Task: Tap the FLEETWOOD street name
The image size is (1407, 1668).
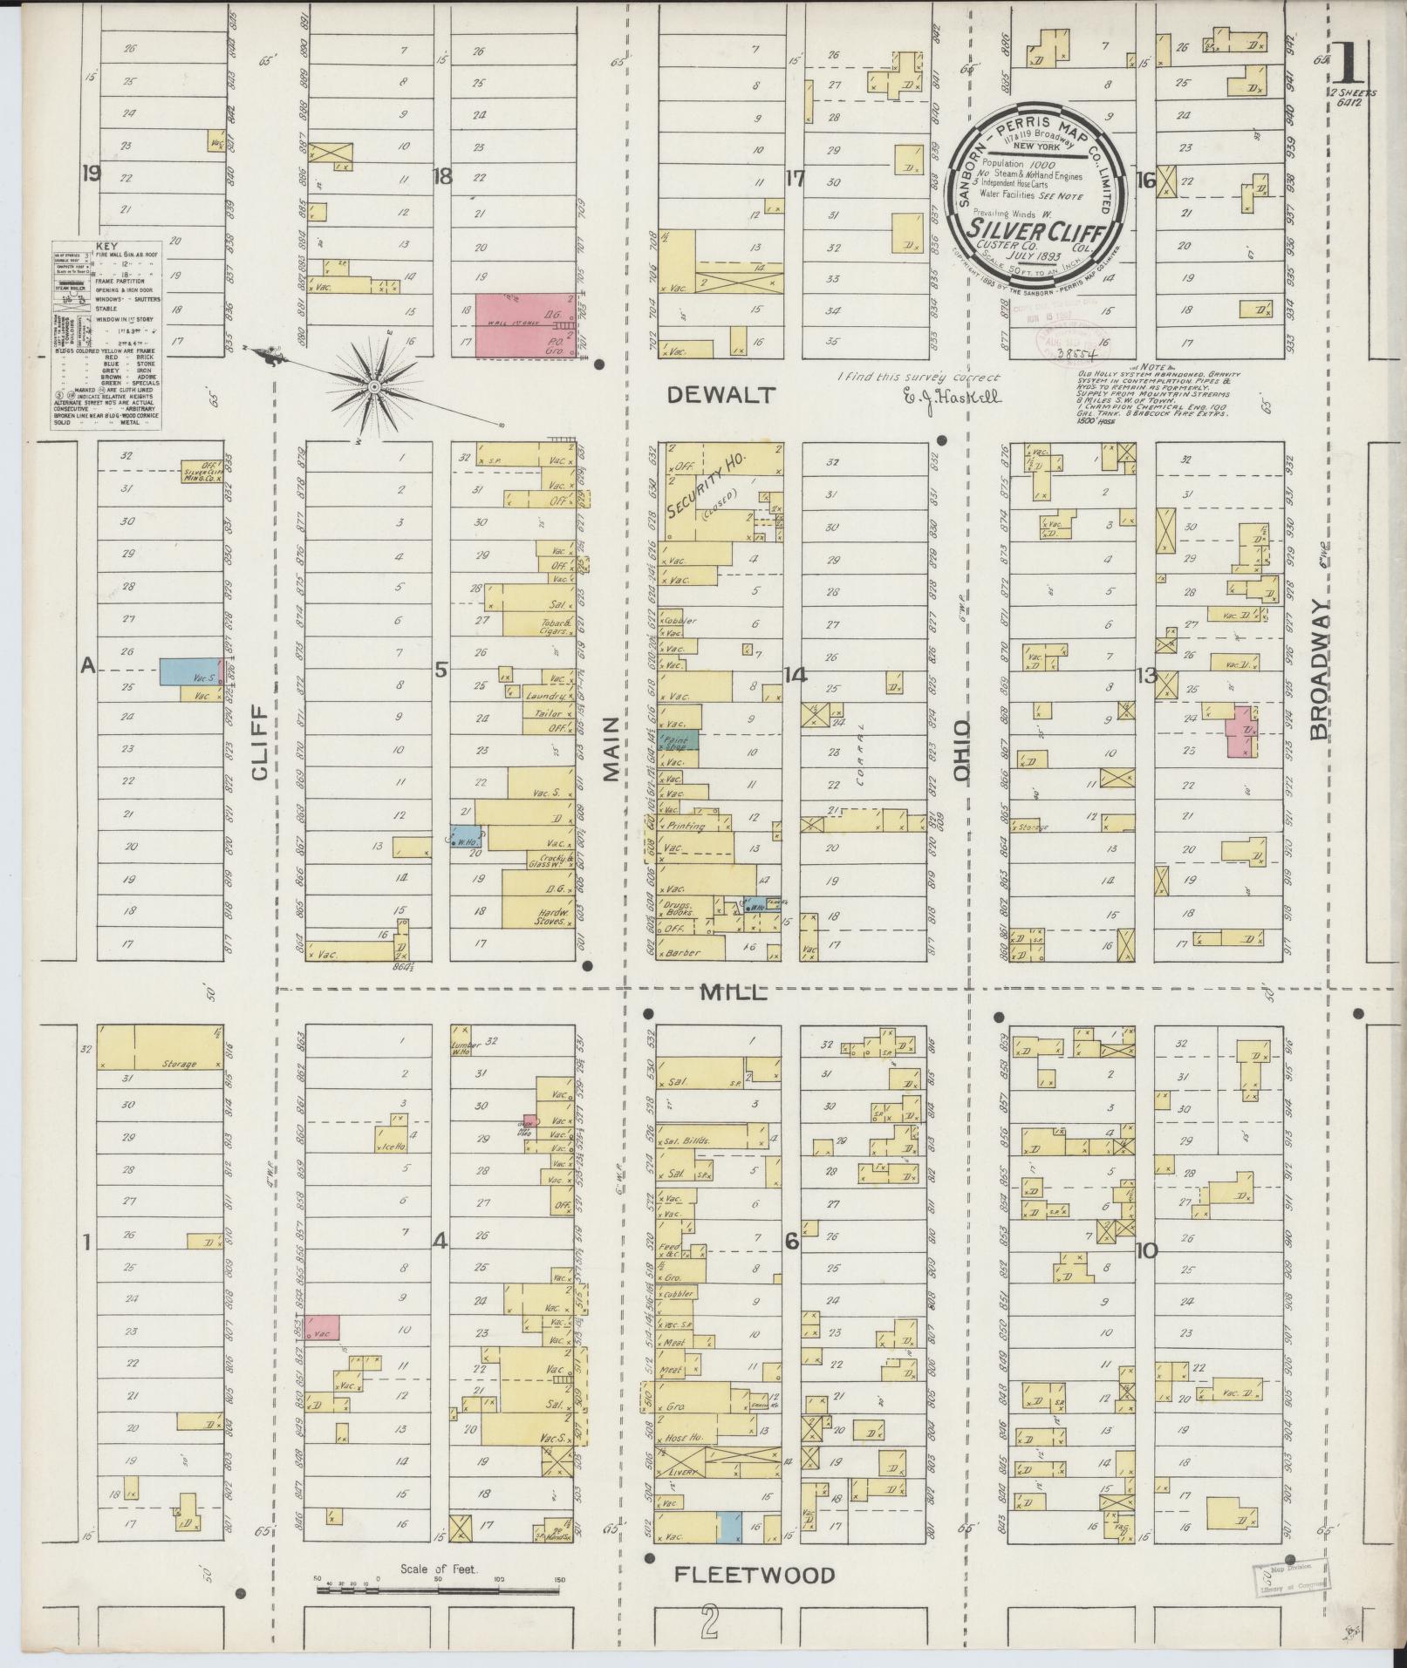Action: pos(755,1575)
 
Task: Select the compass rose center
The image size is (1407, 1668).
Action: pos(373,385)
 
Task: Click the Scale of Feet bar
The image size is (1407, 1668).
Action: pos(440,1590)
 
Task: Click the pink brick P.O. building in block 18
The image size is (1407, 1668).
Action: pos(524,326)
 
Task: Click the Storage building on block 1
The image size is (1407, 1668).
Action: pos(159,1046)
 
